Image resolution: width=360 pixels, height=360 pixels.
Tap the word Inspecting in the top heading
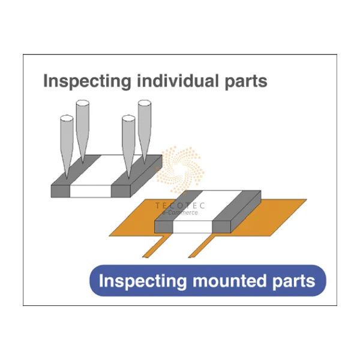click(82, 81)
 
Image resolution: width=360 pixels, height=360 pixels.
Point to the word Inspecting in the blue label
click(139, 280)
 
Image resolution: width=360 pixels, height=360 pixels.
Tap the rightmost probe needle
click(145, 126)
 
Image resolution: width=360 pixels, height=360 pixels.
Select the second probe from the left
click(82, 126)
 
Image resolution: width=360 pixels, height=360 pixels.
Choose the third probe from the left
click(128, 141)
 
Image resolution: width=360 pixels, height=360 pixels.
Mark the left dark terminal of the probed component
click(62, 183)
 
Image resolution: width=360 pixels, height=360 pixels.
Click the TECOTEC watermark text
click(179, 205)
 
